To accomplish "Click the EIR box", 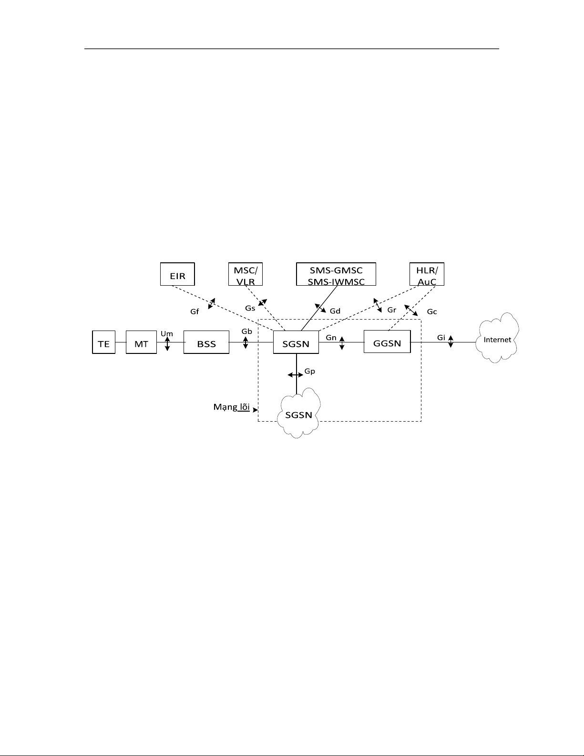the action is coord(177,274).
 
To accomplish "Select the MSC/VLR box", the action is coord(246,274).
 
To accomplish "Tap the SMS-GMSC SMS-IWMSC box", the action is coord(336,274).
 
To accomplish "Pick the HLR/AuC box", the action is coord(427,274).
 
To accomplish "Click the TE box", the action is coord(103,342).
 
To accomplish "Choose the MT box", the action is coord(141,342).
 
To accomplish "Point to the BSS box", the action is coord(206,342).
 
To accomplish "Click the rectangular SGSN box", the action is coord(296,342).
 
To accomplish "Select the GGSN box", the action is coord(387,342).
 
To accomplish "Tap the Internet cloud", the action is coord(497,338).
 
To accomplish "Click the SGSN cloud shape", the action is coord(298,413).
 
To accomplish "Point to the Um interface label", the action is coord(167,334).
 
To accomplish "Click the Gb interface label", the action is coord(247,331).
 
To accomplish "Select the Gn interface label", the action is coord(331,338).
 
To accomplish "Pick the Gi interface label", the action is coord(441,338).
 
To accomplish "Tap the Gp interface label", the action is coord(310,372).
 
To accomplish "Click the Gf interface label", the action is coord(195,312).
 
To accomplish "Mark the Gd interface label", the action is coord(335,311).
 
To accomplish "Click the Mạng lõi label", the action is coord(232,407).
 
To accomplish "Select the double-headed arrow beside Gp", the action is coord(296,375).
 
